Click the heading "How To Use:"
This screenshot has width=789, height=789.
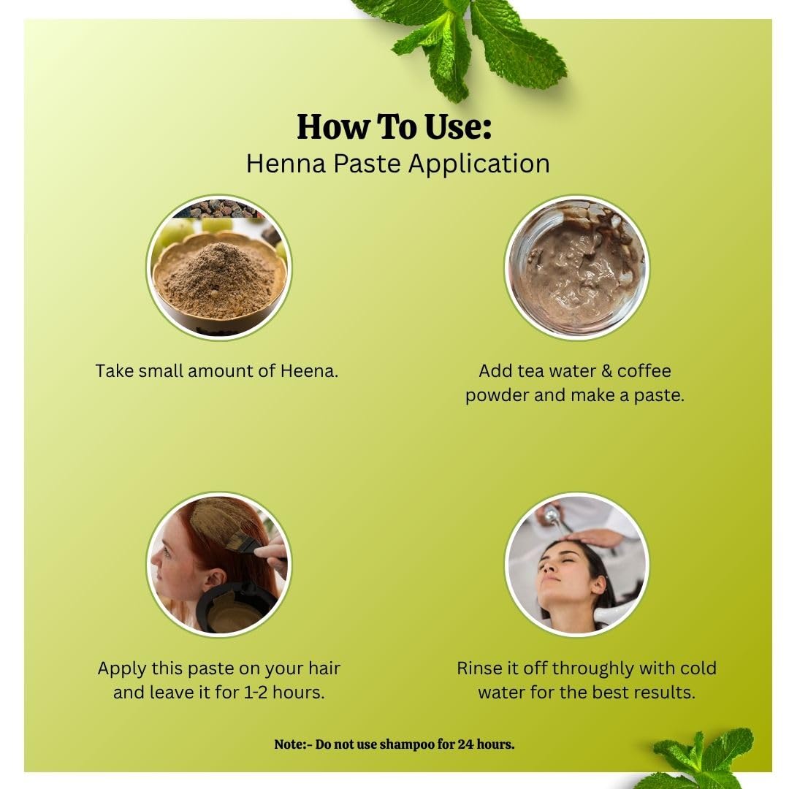pyautogui.click(x=394, y=126)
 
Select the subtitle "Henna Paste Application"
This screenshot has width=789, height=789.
pyautogui.click(x=397, y=164)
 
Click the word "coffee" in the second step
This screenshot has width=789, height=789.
pyautogui.click(x=644, y=371)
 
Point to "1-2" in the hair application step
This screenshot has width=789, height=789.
pyautogui.click(x=256, y=693)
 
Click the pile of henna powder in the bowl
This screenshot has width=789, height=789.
pyautogui.click(x=218, y=279)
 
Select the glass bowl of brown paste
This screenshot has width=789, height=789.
pyautogui.click(x=576, y=267)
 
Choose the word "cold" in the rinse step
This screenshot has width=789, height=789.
pyautogui.click(x=698, y=668)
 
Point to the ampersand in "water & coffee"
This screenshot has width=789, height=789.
pyautogui.click(x=606, y=371)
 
